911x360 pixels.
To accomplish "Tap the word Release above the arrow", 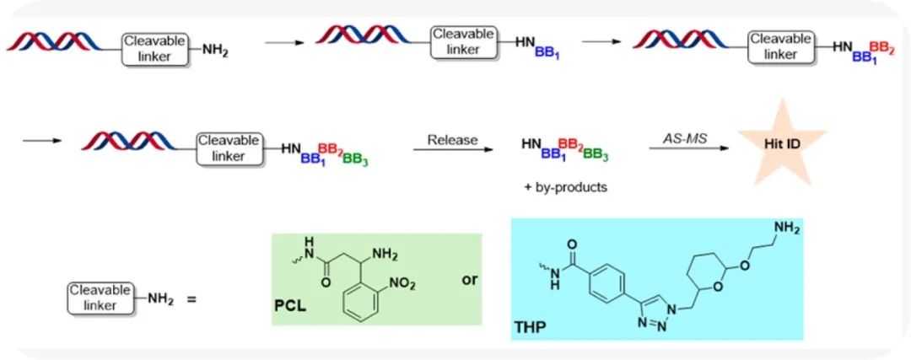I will point(452,138).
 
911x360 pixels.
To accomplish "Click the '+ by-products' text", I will point(565,186).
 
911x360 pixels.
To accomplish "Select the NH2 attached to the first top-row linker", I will point(215,50).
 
